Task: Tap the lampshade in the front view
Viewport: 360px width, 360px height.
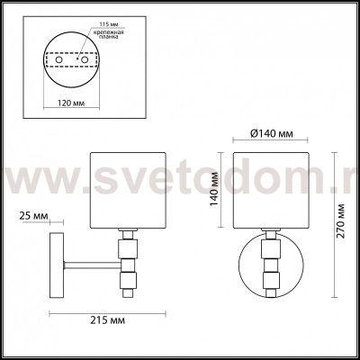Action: click(270, 190)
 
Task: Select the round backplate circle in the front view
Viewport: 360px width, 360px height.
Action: click(270, 270)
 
